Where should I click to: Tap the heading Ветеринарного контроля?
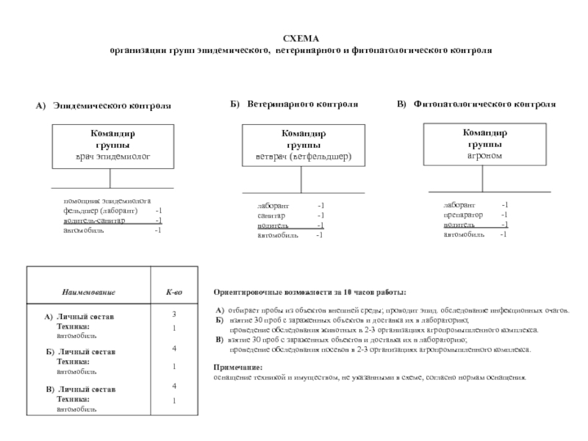click(x=302, y=104)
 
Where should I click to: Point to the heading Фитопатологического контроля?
click(x=484, y=104)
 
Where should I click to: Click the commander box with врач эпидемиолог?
click(x=113, y=146)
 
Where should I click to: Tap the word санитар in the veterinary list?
click(x=271, y=215)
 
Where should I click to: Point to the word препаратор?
click(x=463, y=215)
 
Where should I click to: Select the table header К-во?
click(x=173, y=293)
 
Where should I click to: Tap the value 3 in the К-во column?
click(x=174, y=315)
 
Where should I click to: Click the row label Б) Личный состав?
click(x=80, y=352)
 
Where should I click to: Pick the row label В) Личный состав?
click(x=80, y=388)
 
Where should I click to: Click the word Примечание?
click(x=237, y=366)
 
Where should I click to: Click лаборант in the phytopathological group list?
click(x=459, y=204)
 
